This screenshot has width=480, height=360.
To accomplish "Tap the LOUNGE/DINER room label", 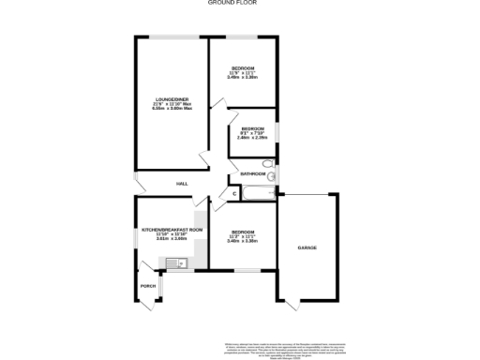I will tap(172, 98).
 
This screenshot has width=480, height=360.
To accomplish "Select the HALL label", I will tap(182, 183).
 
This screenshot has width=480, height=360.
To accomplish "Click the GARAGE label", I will tap(307, 247).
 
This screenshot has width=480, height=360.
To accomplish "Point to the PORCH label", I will tap(147, 285).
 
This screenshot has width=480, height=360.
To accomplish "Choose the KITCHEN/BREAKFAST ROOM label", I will tap(172, 229).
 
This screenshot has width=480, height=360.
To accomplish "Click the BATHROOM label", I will tap(253, 174).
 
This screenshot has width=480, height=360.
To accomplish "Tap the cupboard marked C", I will tap(234, 193).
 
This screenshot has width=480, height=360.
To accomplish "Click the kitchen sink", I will tap(177, 265).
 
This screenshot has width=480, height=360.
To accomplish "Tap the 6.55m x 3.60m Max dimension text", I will tap(172, 109).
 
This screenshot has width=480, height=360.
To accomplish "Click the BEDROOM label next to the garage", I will tap(242, 232).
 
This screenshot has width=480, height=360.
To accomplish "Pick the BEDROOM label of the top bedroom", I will tap(244, 68).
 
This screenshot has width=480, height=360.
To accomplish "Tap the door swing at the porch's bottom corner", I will tap(151, 302).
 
